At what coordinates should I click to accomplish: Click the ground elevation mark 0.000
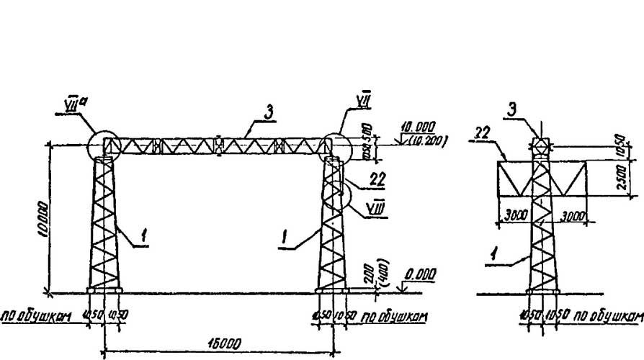point(420,275)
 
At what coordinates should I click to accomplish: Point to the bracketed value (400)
point(388,271)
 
